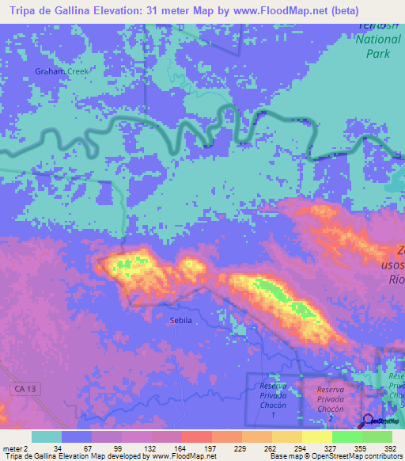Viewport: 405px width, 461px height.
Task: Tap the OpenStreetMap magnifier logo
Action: tap(368, 421)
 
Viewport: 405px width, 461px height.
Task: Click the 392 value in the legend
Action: tap(389, 448)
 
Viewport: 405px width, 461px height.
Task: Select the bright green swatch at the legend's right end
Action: tap(377, 436)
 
